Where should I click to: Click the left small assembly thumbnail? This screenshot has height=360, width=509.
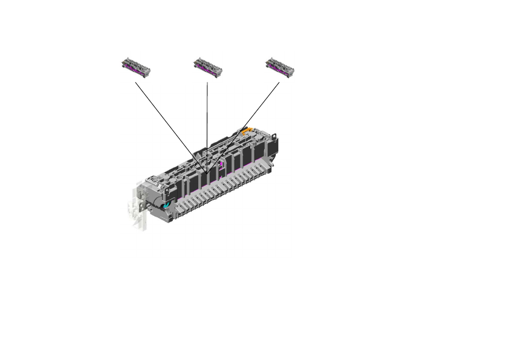135,67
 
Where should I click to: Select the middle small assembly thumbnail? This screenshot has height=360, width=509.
207,67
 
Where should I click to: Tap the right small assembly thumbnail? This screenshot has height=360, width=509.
280,67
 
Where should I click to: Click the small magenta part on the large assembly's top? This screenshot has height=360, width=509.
221,164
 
